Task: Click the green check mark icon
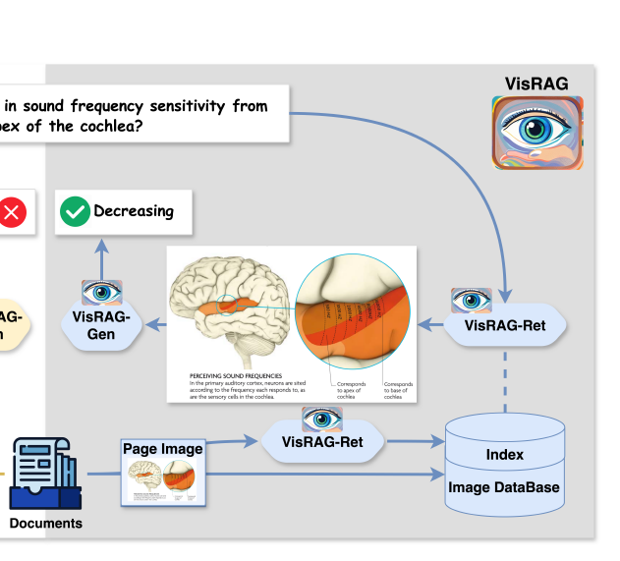pyautogui.click(x=74, y=211)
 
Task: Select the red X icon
pyautogui.click(x=12, y=212)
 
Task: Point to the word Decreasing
pyautogui.click(x=134, y=210)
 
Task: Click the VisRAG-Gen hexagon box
pyautogui.click(x=102, y=325)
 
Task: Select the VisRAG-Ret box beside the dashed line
pyautogui.click(x=505, y=324)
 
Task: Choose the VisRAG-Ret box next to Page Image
pyautogui.click(x=322, y=441)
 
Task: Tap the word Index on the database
pyautogui.click(x=505, y=455)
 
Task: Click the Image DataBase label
pyautogui.click(x=505, y=487)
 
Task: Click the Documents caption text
pyautogui.click(x=46, y=524)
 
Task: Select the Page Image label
pyautogui.click(x=163, y=449)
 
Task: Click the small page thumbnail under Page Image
pyautogui.click(x=163, y=482)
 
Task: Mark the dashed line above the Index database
pyautogui.click(x=505, y=378)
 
